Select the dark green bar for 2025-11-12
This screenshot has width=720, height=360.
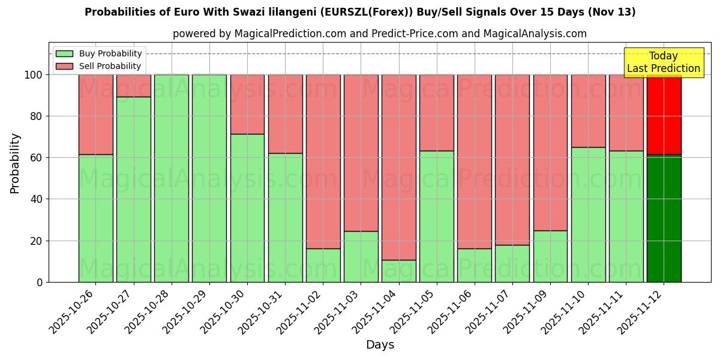coord(664,218)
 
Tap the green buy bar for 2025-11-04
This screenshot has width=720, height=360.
coord(399,271)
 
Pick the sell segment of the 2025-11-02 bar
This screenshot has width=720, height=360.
coord(323,161)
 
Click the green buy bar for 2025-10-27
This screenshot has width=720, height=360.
coord(133,189)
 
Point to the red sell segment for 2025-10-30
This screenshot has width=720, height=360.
coord(247,104)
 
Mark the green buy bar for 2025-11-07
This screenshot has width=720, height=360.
coord(512,263)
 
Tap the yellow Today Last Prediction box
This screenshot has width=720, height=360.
coord(663,62)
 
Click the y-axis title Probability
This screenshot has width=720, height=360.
coord(15,163)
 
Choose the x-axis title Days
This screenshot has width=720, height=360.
coord(380,345)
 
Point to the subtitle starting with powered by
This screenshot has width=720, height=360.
coord(379,34)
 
